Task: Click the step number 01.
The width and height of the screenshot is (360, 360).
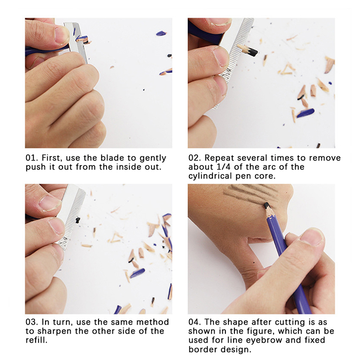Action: [x=31, y=158]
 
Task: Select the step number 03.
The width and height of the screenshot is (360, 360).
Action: [x=31, y=322]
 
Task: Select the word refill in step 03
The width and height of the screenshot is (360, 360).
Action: [x=36, y=340]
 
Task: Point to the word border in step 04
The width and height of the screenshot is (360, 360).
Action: [x=202, y=350]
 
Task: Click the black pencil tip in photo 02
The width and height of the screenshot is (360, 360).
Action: [x=252, y=52]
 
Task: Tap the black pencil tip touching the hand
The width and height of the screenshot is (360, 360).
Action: [x=266, y=205]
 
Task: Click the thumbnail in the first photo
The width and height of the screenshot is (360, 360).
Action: [x=62, y=35]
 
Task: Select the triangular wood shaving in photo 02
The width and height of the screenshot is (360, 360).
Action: [x=287, y=69]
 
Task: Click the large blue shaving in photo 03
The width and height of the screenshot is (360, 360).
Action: [x=137, y=273]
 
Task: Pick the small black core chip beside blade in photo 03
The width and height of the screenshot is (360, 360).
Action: [x=78, y=220]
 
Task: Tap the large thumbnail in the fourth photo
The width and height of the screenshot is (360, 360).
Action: [x=313, y=237]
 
